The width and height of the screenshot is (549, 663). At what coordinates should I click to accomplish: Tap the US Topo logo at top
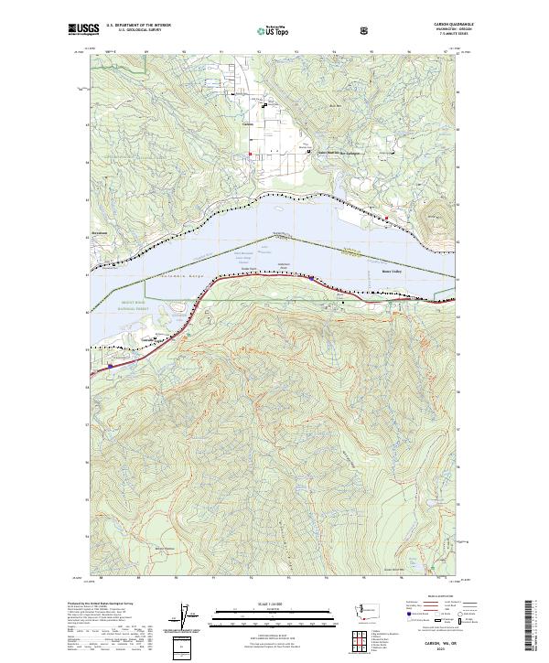click(274, 30)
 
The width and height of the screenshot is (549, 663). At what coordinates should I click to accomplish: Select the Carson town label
click(246, 125)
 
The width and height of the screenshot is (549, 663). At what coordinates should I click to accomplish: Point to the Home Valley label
click(392, 271)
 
